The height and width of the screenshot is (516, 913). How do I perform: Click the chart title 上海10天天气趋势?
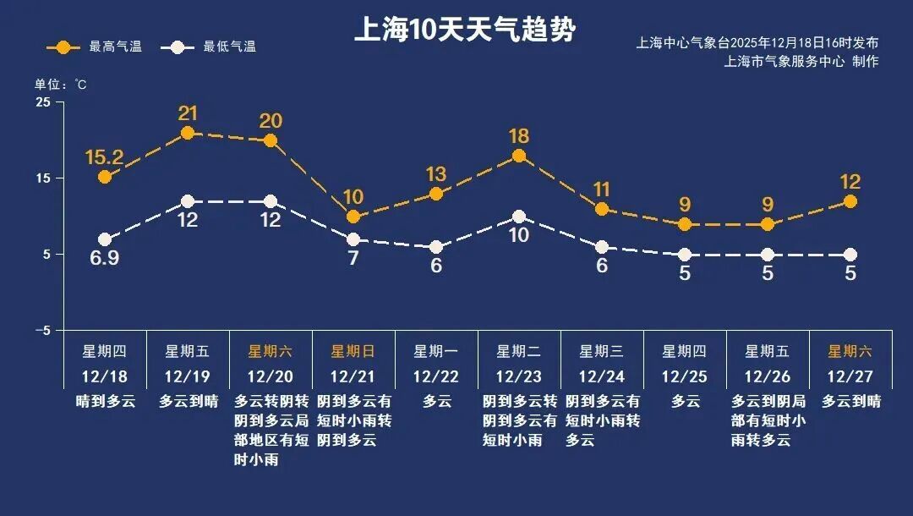(x=464, y=31)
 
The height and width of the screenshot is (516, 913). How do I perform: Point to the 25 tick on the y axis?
(x=42, y=102)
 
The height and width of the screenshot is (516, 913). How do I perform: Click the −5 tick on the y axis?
(x=41, y=331)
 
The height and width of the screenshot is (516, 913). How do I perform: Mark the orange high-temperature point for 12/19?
(x=188, y=133)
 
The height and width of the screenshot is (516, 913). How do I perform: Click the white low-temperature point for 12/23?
(x=519, y=217)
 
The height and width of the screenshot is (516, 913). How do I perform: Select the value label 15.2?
(x=105, y=157)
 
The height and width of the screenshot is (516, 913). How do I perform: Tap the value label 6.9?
(x=105, y=259)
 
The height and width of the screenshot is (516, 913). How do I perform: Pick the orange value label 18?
(x=519, y=136)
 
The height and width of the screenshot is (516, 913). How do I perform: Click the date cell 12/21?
(x=353, y=376)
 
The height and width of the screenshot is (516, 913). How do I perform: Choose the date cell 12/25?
(x=685, y=376)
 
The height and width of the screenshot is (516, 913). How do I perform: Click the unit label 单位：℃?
(x=60, y=85)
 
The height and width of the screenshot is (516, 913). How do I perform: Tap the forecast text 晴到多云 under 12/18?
(x=105, y=402)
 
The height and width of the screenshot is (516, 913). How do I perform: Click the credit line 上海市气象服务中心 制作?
(x=801, y=62)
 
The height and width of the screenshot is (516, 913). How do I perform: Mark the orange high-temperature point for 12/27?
(x=850, y=201)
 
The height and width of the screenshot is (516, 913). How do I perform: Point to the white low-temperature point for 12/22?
(x=436, y=247)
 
